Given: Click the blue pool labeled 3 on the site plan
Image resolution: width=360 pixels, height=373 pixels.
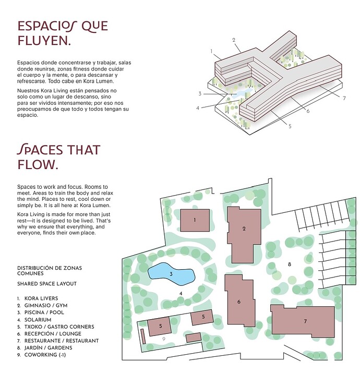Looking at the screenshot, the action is [x=171, y=274].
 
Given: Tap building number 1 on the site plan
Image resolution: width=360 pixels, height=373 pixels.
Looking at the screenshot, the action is [x=195, y=220].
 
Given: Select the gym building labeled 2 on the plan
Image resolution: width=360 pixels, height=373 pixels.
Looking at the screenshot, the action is [x=244, y=234].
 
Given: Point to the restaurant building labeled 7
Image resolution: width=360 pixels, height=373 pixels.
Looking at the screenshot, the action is [x=303, y=321].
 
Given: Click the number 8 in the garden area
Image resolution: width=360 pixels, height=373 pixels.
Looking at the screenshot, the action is [x=290, y=264].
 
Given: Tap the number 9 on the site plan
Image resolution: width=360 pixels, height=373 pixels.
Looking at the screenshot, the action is [x=164, y=339].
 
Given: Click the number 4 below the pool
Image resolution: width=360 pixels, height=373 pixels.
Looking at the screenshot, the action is [x=181, y=294].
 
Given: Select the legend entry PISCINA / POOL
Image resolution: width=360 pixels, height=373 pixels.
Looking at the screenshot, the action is [x=44, y=312].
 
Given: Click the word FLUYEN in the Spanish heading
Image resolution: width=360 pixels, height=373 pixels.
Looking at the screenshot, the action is [x=44, y=41].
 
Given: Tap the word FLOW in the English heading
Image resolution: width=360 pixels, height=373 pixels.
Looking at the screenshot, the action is [x=38, y=164].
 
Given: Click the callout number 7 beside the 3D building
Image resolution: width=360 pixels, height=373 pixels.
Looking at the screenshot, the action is [x=344, y=98].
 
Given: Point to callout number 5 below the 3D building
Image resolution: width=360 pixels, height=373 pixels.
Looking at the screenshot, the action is [x=290, y=126].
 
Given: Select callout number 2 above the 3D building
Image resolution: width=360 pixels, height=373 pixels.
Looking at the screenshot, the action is [x=234, y=40].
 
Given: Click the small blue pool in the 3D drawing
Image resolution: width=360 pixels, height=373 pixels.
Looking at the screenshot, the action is [x=241, y=93].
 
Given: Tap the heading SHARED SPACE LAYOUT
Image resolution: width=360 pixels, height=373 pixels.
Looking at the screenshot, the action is [x=47, y=284].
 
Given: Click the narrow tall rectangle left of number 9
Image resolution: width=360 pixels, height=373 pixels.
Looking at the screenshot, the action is [x=143, y=336].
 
